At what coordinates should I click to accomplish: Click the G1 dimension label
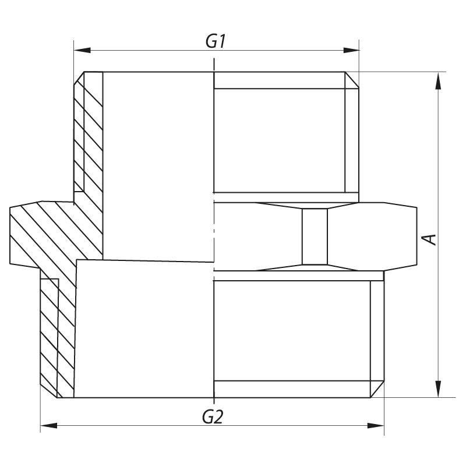pyautogui.click(x=216, y=42)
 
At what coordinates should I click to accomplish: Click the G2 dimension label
pyautogui.click(x=213, y=417)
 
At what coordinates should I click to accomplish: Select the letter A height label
pyautogui.click(x=429, y=238)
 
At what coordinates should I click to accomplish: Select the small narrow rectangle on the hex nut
pyautogui.click(x=315, y=236)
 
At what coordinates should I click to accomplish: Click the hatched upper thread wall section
pyautogui.click(x=87, y=134)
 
